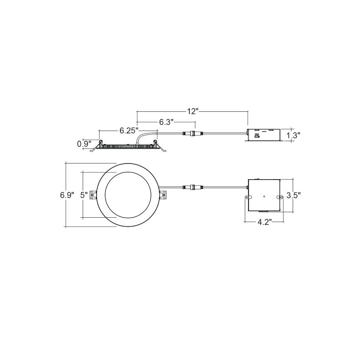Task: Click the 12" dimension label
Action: pos(192,111)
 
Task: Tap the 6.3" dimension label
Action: pos(166,122)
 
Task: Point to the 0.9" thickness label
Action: pos(84,144)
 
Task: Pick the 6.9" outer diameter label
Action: pos(67,195)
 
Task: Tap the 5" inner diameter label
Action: pos(84,195)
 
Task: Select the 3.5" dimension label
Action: pos(294,195)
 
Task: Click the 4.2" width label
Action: pos(264,222)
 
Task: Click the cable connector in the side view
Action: pos(193,133)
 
